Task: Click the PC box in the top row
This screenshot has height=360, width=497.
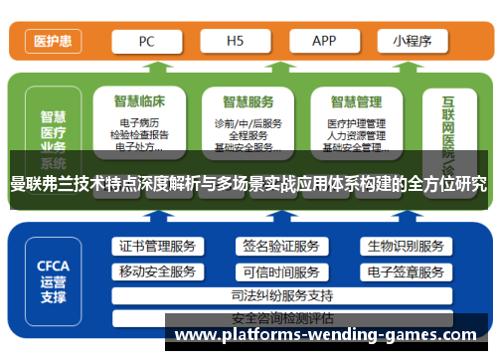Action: pos(146,42)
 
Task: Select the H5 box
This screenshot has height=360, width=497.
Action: pos(236,42)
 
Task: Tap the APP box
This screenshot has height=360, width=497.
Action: pos(324,42)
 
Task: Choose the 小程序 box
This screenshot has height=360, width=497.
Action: pos(411,42)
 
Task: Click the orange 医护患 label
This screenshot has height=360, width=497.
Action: pos(52,42)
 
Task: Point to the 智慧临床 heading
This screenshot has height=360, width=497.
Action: pos(139,101)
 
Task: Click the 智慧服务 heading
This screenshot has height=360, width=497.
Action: pos(248,101)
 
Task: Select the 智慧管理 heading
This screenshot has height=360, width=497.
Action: pos(356,101)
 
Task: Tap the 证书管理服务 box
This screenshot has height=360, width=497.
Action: pos(157,247)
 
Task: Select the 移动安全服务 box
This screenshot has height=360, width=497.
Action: pos(157,271)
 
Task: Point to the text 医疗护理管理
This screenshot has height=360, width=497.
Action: pos(356,123)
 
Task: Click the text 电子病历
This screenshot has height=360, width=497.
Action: pos(139,123)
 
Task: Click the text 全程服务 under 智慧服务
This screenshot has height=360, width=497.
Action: pos(248,135)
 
